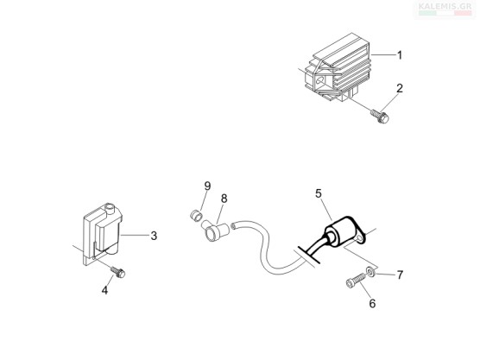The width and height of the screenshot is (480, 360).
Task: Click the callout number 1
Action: point(400,55)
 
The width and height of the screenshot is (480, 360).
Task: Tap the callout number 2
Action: point(400,88)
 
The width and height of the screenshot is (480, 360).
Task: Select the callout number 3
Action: point(154,236)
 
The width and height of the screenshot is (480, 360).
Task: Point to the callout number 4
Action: point(104,290)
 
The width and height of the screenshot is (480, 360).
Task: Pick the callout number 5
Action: point(319,193)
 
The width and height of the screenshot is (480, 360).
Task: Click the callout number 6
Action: point(372,303)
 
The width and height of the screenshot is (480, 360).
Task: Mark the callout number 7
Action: point(400,275)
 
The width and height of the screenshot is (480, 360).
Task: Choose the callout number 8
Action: point(224,199)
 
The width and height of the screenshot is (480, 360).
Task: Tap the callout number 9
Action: point(207,186)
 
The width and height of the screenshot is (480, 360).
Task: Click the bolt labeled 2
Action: point(380,117)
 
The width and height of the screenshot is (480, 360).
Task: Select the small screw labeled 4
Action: point(118,272)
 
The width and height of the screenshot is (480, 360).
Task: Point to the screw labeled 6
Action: point(356,281)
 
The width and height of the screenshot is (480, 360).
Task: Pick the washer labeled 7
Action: point(370,272)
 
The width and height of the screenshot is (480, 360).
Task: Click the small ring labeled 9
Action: point(195,215)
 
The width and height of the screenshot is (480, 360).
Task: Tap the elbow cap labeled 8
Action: point(215,231)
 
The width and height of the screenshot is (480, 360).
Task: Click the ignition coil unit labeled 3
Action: point(102,234)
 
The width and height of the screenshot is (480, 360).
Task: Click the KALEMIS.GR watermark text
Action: point(445,6)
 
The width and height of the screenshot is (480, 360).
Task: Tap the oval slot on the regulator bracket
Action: point(320,81)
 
